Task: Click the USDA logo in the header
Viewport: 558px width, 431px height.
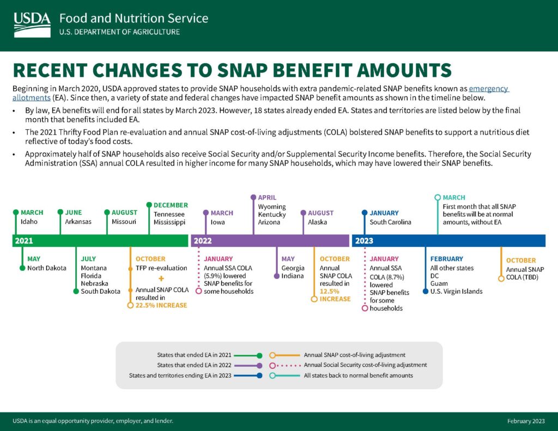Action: (32, 24)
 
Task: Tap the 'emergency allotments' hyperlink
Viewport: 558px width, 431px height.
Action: (489, 89)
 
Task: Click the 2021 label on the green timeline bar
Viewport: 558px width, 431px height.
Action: (24, 240)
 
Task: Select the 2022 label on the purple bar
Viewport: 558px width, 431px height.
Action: (202, 240)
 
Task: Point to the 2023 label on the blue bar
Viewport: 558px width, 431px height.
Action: (364, 240)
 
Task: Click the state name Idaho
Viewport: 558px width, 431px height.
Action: (29, 222)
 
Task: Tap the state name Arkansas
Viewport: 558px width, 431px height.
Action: (77, 222)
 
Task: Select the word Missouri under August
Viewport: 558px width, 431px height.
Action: (124, 222)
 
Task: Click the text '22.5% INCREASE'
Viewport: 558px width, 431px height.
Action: (161, 305)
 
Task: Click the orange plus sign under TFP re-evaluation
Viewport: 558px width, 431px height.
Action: (161, 278)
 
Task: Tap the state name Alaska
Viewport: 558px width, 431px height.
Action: (318, 222)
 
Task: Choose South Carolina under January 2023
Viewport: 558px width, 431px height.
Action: (390, 222)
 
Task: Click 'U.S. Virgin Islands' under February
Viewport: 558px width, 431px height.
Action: (456, 291)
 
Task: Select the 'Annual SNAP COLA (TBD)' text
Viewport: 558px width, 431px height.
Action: (525, 270)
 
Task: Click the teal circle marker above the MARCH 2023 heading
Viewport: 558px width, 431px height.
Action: (437, 197)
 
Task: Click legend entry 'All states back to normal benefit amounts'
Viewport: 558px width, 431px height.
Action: (358, 375)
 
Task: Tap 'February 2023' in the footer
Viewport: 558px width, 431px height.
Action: (525, 421)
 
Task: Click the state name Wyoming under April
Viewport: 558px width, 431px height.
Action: (271, 207)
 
